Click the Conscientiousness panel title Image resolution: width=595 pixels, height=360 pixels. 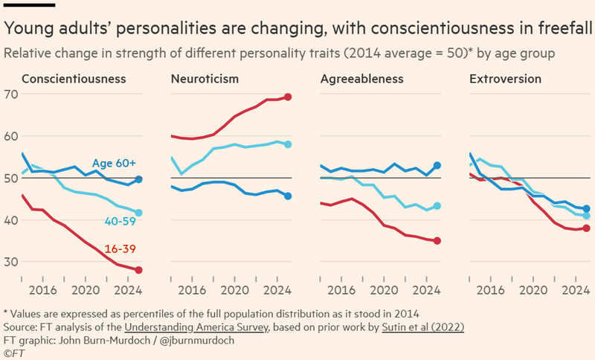tap(74, 79)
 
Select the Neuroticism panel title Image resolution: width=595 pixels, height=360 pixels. tap(205, 79)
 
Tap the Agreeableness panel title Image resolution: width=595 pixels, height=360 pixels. tap(361, 79)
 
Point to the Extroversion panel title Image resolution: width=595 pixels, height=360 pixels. tap(505, 79)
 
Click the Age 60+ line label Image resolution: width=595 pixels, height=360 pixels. tap(114, 164)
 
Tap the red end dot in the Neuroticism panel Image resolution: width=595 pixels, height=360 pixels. tap(288, 97)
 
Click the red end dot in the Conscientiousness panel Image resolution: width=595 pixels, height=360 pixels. tap(139, 270)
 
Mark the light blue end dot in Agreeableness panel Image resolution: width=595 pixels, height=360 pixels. tap(437, 206)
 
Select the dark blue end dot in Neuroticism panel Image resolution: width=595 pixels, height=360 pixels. tap(288, 196)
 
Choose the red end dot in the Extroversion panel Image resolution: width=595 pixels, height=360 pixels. tap(586, 228)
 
